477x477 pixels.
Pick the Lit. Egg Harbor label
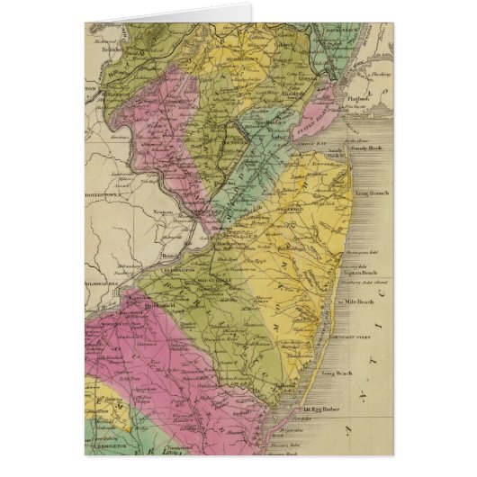click(310, 409)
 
